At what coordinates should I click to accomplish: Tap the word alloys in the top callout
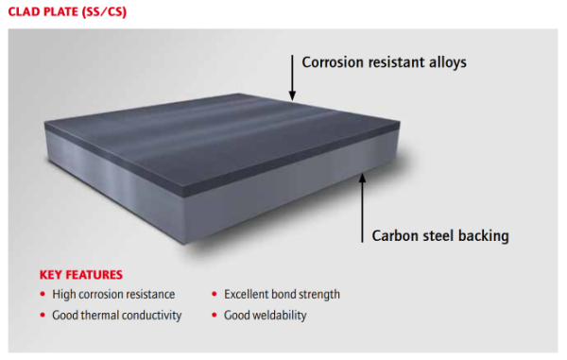point(444,62)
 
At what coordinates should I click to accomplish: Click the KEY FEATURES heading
point(80,275)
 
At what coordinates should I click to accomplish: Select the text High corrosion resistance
point(113,295)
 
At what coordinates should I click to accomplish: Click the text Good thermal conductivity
point(117,315)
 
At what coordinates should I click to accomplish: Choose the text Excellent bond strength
point(282,295)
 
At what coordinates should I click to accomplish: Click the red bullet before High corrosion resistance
point(43,295)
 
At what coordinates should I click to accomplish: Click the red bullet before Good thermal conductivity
point(43,315)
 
